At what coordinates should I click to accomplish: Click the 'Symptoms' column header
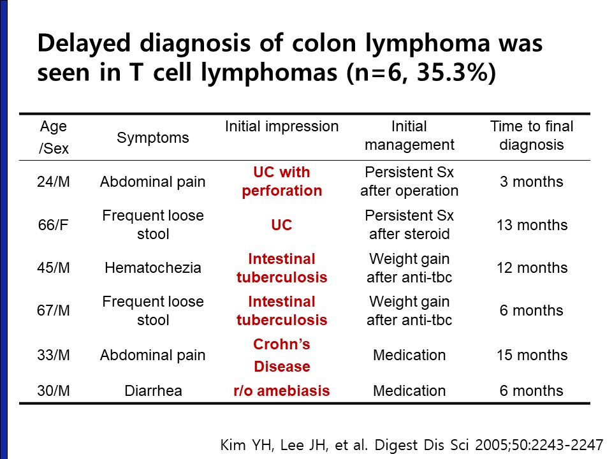point(152,138)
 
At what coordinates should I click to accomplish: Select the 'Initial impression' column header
point(281,127)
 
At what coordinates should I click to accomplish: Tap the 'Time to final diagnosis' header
point(532,135)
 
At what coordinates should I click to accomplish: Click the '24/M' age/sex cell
point(54,182)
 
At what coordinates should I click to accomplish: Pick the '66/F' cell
point(53,225)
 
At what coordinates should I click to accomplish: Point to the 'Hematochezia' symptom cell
point(152,268)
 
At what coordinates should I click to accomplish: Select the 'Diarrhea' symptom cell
point(153,391)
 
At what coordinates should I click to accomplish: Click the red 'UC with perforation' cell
point(281,182)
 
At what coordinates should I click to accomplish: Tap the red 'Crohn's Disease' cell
point(281,355)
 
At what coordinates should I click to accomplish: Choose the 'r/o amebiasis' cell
point(281,391)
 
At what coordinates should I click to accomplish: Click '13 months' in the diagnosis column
point(532,225)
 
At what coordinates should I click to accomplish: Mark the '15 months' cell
point(532,355)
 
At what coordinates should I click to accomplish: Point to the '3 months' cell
point(532,182)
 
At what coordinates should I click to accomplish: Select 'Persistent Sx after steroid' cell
point(409,225)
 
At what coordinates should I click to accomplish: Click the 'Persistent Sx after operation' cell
point(409,182)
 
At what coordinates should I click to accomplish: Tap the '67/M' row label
point(54,310)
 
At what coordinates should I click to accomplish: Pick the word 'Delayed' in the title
point(84,44)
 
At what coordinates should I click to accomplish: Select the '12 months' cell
point(532,268)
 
